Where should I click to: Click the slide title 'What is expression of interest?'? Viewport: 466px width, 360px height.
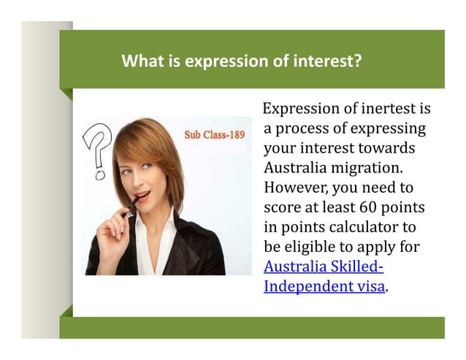click(x=241, y=61)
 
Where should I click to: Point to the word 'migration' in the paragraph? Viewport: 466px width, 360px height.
click(x=359, y=169)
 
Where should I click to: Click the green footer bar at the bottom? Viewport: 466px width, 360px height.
click(x=252, y=328)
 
